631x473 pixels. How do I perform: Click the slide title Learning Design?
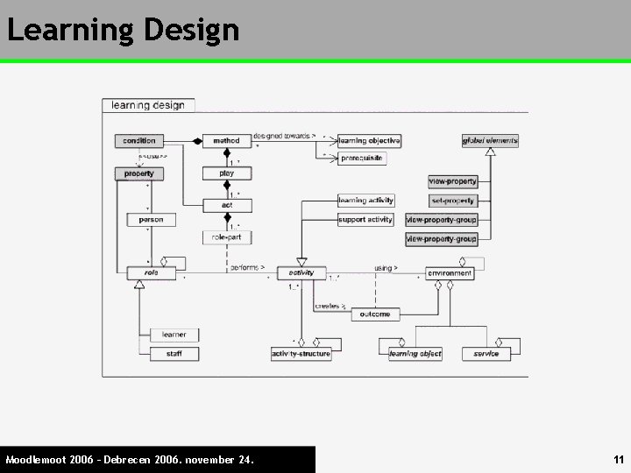123,30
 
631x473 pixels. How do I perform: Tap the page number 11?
618,459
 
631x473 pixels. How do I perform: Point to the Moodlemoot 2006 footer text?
130,459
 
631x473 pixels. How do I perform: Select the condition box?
139,140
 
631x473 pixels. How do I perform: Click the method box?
226,140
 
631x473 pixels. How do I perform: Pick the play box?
227,173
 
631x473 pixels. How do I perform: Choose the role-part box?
227,237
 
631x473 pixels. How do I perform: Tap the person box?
151,220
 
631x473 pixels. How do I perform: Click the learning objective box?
369,140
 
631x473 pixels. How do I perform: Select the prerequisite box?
362,159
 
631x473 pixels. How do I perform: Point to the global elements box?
490,140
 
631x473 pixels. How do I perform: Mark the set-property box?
452,201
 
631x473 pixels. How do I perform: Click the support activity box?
365,220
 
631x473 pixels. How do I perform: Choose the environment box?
450,273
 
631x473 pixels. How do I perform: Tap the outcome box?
375,314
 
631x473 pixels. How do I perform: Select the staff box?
174,354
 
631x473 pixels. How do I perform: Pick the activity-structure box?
301,354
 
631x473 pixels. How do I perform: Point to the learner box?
174,335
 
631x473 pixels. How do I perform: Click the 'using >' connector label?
386,268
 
